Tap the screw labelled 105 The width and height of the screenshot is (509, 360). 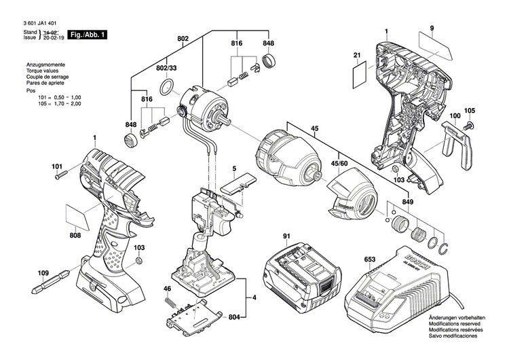point(468,126)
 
